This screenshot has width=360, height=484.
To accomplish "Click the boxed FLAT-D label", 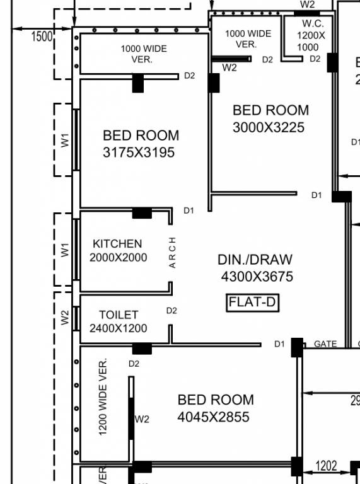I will (252, 302).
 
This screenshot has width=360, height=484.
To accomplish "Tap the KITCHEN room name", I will (117, 244).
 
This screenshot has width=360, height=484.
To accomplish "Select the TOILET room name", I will (118, 314).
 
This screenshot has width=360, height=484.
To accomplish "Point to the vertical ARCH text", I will (173, 253).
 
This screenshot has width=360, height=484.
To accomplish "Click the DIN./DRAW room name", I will (255, 260).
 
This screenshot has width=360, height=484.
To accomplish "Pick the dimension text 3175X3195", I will (139, 153).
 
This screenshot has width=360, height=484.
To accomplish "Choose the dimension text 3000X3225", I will (269, 127).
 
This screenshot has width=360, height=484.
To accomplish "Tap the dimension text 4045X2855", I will (213, 417).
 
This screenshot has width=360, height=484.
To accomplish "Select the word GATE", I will (325, 344).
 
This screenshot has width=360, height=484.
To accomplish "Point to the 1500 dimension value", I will (42, 37).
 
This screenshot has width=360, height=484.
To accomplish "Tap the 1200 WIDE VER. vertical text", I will (103, 396).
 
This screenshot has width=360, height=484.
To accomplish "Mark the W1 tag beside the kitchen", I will (65, 250).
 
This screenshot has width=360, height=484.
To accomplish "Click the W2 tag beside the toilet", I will (65, 318).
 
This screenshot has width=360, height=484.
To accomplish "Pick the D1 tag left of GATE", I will (279, 344).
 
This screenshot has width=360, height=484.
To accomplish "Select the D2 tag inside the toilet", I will (171, 311).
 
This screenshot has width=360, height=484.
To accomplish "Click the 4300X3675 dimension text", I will (257, 276).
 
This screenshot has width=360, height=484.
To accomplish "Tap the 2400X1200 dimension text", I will (118, 328).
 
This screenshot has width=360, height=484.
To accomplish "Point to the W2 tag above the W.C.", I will (307, 4).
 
